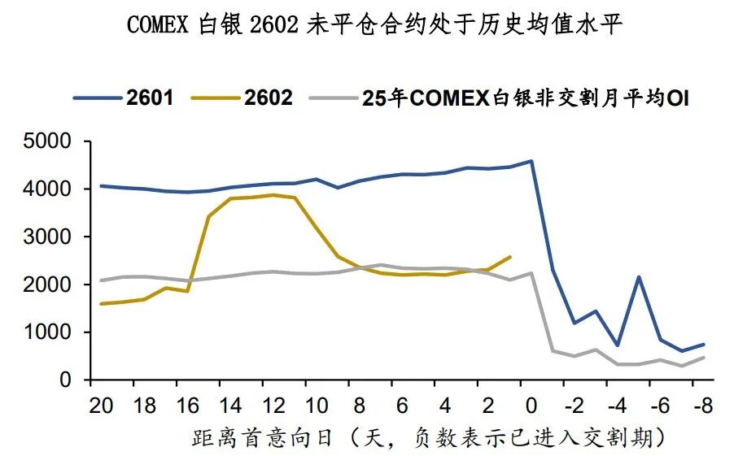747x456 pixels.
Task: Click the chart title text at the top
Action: point(373,25)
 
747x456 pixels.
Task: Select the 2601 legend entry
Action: point(124,98)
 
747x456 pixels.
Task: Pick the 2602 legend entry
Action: point(242,98)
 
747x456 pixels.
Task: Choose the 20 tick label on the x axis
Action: point(101,405)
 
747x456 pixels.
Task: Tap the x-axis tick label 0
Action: point(531,405)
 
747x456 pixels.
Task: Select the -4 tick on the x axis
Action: point(617,405)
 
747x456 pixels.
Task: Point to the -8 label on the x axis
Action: point(703,405)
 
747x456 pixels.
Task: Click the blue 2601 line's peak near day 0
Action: point(531,161)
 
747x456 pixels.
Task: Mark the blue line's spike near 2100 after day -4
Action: point(639,277)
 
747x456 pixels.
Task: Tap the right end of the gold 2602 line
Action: point(510,257)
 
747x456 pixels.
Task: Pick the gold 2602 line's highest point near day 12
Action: point(273,195)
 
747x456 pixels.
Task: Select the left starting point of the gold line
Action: point(101,304)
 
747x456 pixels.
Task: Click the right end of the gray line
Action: point(704,358)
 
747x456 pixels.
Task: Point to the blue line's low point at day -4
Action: point(618,345)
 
